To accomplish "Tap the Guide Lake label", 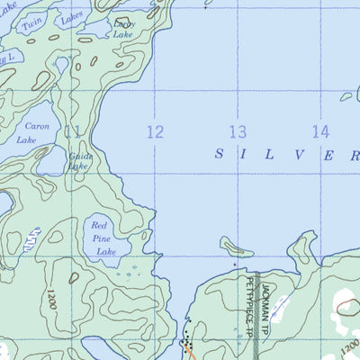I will click(79, 160).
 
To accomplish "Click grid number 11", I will click(72, 131).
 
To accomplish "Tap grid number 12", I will click(155, 132).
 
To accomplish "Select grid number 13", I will click(237, 132).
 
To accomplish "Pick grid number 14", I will click(320, 131).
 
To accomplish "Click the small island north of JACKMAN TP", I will click(237, 246).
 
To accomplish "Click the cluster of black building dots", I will click(186, 341).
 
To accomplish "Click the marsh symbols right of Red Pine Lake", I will click(132, 266).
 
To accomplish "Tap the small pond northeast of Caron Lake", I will click(61, 66).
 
